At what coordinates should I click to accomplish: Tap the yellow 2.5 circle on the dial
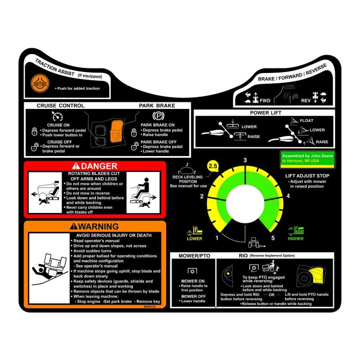(x=212, y=166)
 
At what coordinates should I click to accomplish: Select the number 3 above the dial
(x=245, y=160)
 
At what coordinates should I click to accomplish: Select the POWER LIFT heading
(x=265, y=112)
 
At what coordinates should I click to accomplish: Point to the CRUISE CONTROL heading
(x=60, y=106)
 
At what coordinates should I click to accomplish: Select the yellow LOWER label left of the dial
(x=195, y=238)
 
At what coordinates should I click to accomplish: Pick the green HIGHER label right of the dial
(x=296, y=238)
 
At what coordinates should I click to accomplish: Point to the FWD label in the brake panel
(x=265, y=101)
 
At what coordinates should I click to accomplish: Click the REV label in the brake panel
(x=306, y=101)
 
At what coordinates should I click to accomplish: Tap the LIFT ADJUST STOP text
(x=307, y=176)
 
